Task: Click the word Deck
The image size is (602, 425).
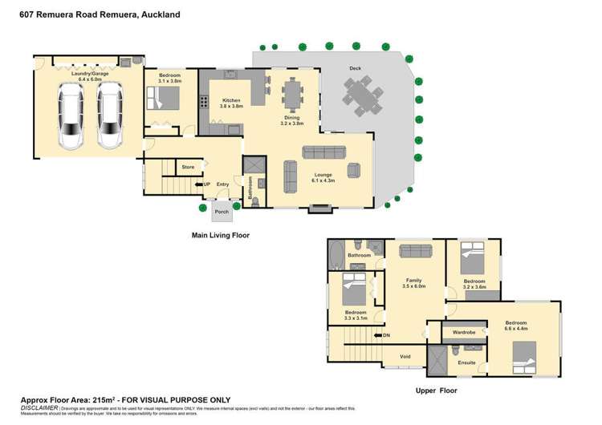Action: coord(355,69)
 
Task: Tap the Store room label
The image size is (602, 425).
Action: coord(188,167)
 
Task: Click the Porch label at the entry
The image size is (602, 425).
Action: coord(221,212)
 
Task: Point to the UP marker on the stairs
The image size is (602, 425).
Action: coord(206,184)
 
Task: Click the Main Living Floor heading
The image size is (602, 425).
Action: coord(220,236)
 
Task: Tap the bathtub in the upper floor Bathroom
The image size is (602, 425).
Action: coord(335,257)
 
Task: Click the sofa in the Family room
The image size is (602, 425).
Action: coord(416,251)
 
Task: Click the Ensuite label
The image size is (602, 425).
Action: coord(466,362)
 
